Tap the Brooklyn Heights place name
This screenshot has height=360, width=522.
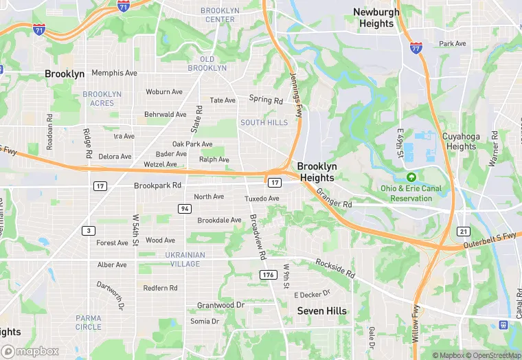[317, 172]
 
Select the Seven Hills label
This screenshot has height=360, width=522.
[321, 311]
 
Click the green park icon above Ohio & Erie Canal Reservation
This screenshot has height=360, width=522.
[411, 177]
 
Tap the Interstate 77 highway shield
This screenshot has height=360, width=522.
[416, 47]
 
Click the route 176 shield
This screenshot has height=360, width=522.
[268, 275]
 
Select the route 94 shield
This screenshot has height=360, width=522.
[185, 208]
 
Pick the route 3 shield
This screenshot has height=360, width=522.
[89, 230]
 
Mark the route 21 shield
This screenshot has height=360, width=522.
[464, 231]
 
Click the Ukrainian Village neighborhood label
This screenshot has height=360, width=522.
[176, 259]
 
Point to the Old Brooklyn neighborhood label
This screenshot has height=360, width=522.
[207, 63]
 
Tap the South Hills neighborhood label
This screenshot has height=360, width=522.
[264, 122]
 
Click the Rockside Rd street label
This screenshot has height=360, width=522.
[335, 267]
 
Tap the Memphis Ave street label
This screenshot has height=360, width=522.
[115, 73]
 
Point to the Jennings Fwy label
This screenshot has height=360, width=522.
[296, 95]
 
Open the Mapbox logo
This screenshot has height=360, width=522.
[31, 351]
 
